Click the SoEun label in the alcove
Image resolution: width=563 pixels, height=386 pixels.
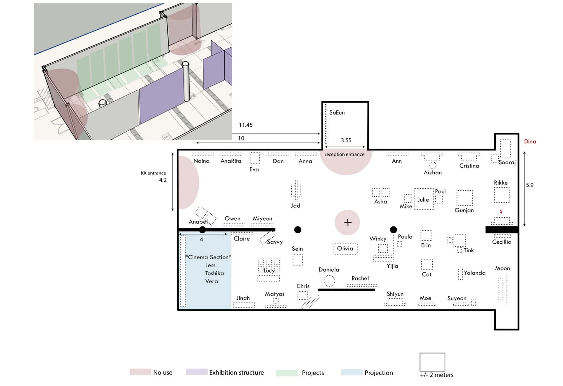pos(337,113)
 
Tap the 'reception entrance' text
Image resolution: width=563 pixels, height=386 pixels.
pos(344,155)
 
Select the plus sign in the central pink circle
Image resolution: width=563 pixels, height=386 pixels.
pos(348,222)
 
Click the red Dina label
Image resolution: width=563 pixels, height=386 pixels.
pos(530,142)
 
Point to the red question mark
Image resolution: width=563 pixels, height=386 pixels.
pos(501,211)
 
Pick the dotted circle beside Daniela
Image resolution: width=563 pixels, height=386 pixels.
pos(329,281)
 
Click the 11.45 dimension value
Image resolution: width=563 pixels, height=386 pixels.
pos(246,125)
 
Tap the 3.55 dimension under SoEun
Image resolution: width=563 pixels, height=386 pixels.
pos(346,140)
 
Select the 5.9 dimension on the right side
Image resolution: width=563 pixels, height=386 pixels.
pos(530,185)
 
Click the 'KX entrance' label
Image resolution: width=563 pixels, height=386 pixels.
pos(153,173)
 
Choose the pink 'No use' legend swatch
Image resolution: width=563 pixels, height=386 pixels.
pos(140,372)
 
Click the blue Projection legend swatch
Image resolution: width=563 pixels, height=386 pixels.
pos(352,372)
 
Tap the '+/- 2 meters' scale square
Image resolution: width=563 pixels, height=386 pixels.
pos(432,362)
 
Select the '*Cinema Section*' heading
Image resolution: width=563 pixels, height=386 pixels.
pos(208,257)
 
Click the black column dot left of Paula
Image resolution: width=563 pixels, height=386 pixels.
pos(394,230)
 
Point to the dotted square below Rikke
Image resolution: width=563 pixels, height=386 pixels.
pos(502,195)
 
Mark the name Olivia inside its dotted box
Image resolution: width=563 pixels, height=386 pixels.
pos(345,248)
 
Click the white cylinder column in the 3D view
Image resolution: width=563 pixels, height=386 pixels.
pos(186,81)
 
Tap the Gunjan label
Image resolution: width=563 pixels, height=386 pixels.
pos(464,210)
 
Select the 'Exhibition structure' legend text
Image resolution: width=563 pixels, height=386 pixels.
pos(236,372)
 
